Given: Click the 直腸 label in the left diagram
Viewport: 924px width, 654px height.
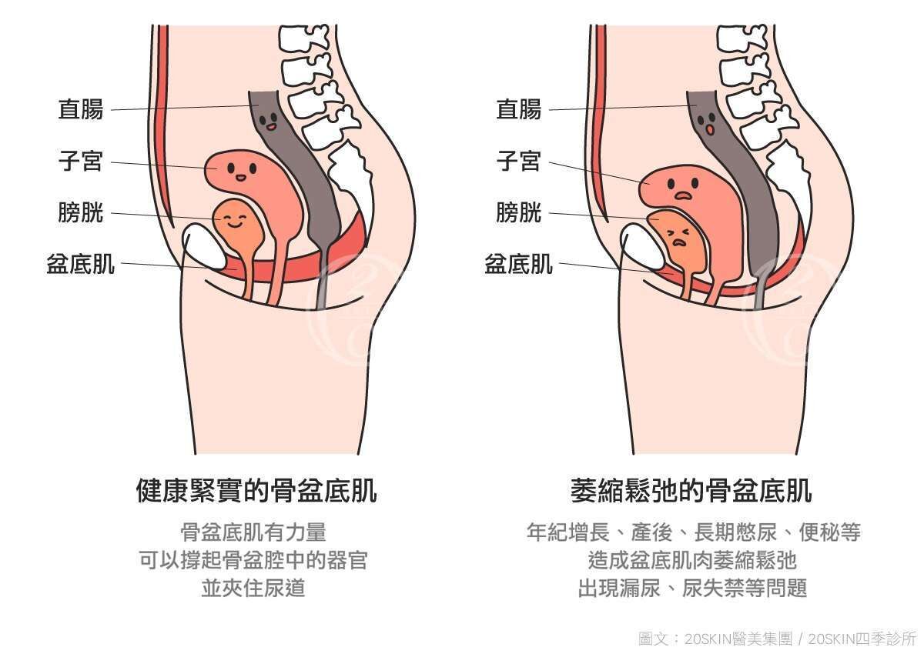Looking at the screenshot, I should pyautogui.click(x=81, y=109).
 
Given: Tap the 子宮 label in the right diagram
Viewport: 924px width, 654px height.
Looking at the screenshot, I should pyautogui.click(x=519, y=162).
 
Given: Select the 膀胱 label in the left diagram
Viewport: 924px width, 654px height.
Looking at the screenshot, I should pyautogui.click(x=81, y=212).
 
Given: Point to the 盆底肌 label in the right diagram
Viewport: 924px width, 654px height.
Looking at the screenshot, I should pyautogui.click(x=518, y=264).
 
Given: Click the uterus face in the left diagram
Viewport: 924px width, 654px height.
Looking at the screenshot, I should pyautogui.click(x=239, y=170).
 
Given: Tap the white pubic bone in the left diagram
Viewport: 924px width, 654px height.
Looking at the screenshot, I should pyautogui.click(x=203, y=246).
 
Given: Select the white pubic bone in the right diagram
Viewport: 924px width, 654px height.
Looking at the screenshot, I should pyautogui.click(x=642, y=245).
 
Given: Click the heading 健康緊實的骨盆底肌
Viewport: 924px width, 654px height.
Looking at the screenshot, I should pyautogui.click(x=256, y=490).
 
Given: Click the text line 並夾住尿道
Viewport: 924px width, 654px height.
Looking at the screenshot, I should pyautogui.click(x=253, y=589).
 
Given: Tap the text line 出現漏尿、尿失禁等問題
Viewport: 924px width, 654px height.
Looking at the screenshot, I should pyautogui.click(x=692, y=589).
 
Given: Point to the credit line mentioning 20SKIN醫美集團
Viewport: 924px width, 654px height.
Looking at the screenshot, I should pyautogui.click(x=778, y=639).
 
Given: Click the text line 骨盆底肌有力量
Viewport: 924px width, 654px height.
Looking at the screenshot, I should pyautogui.click(x=253, y=532).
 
